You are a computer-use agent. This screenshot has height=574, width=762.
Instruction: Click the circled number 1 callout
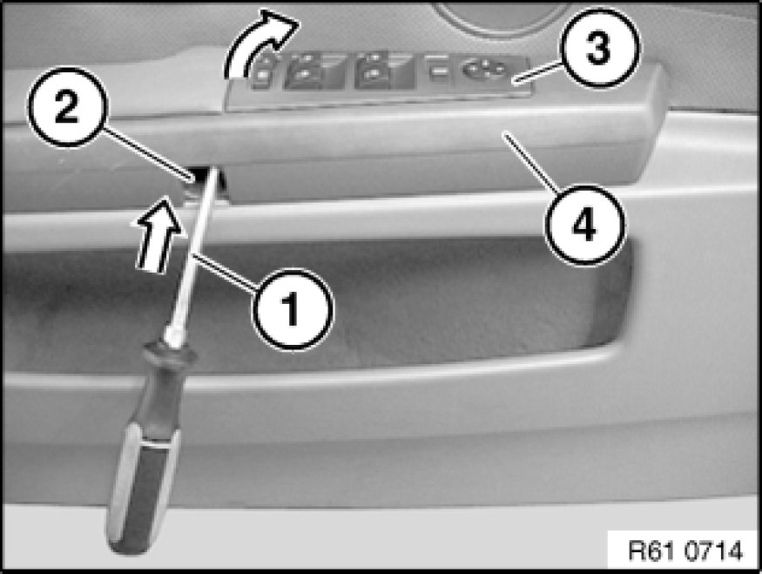293,308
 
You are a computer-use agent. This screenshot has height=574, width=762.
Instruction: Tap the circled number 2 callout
67,107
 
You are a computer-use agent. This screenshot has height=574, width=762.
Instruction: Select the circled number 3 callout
598,48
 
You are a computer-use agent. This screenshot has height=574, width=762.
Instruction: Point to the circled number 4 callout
584,225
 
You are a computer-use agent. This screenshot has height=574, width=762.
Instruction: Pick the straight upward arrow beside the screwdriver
157,233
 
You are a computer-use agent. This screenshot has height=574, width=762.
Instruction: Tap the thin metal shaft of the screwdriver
191,253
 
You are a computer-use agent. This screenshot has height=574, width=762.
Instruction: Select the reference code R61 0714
685,550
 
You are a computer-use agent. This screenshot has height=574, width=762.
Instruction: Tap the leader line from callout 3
537,71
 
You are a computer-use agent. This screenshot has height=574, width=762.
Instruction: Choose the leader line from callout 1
225,272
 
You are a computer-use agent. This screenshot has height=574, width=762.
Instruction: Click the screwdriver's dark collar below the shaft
168,362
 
